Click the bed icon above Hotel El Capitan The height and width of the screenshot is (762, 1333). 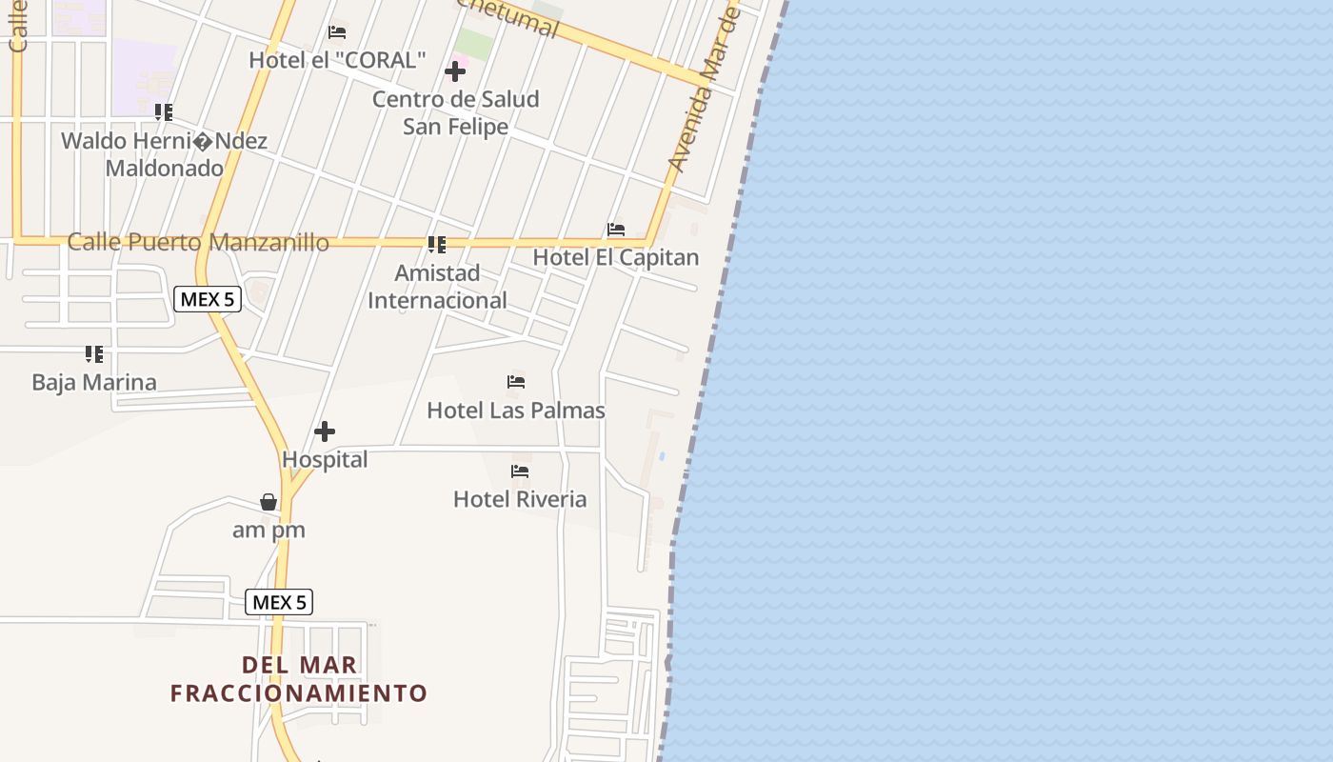click(x=616, y=230)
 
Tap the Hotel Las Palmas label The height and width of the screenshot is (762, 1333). click(x=516, y=411)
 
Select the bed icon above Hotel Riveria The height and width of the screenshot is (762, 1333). click(x=520, y=471)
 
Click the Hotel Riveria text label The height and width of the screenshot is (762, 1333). click(x=520, y=499)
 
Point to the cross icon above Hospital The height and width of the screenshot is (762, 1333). click(x=325, y=431)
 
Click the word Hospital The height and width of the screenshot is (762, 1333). click(x=325, y=460)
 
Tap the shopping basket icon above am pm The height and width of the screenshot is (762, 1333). click(x=269, y=502)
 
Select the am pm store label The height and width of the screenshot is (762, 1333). click(x=269, y=531)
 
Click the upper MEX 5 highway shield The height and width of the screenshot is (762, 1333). click(x=208, y=299)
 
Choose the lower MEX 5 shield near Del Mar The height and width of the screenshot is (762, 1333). click(x=279, y=602)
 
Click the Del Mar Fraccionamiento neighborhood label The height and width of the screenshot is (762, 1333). click(x=299, y=679)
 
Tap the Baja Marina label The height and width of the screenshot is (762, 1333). click(x=94, y=383)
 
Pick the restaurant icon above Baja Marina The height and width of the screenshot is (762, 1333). click(x=94, y=354)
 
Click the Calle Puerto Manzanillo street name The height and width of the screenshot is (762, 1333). click(x=198, y=242)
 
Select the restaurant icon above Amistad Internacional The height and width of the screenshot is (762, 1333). click(x=437, y=245)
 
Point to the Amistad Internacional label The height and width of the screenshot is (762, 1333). click(x=437, y=287)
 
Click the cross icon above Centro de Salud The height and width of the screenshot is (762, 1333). click(x=455, y=71)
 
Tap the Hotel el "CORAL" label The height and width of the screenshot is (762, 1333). click(x=337, y=60)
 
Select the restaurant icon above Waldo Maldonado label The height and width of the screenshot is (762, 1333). click(x=164, y=112)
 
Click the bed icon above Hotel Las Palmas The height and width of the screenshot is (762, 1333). click(x=516, y=382)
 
